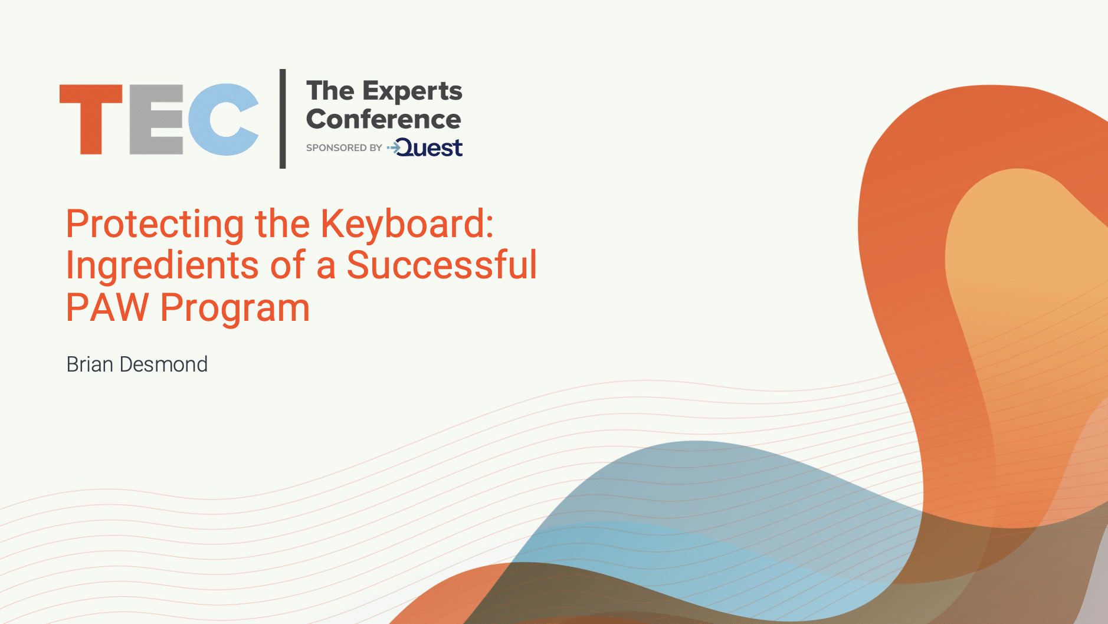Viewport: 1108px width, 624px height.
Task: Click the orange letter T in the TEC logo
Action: click(91, 118)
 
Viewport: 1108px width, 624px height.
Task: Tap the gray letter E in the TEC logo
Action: click(156, 119)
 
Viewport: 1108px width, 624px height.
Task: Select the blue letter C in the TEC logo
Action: click(223, 119)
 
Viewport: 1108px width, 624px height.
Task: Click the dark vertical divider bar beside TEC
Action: click(283, 119)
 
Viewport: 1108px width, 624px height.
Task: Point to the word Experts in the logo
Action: click(412, 92)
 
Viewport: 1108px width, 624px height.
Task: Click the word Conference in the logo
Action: click(383, 119)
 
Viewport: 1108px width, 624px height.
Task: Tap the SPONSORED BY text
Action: click(344, 147)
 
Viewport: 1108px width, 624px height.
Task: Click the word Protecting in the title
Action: click(155, 225)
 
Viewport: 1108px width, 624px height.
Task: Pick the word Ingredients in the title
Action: click(162, 265)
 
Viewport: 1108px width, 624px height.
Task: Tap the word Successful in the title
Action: click(442, 264)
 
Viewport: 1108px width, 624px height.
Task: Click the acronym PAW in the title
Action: click(107, 307)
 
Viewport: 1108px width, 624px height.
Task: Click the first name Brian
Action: click(90, 364)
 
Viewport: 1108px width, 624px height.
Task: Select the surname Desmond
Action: click(163, 364)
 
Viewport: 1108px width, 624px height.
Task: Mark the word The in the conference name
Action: click(330, 91)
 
